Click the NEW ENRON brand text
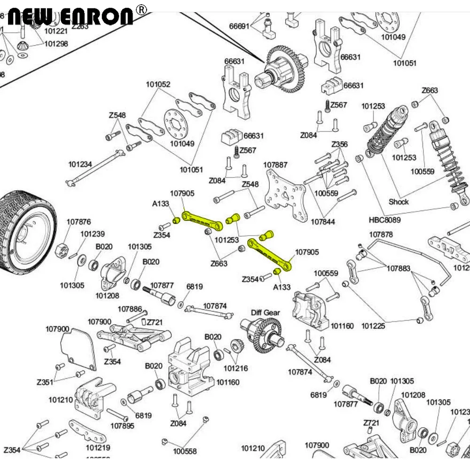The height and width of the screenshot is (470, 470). [x=70, y=16]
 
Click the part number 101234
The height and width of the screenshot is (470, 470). [x=80, y=164]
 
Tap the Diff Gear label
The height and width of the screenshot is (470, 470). [x=265, y=313]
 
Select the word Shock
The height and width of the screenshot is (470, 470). [x=399, y=202]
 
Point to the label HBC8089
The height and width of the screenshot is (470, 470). [x=384, y=219]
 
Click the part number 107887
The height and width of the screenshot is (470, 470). [x=275, y=165]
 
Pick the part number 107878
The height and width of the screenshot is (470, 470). [x=381, y=235]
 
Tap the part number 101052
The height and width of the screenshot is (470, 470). [x=158, y=85]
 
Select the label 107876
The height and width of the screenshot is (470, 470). [x=78, y=222]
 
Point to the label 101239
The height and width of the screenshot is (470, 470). [x=92, y=234]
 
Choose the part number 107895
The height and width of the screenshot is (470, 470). [x=122, y=426]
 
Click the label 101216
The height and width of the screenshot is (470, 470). [x=235, y=368]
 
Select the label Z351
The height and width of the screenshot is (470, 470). [x=46, y=382]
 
